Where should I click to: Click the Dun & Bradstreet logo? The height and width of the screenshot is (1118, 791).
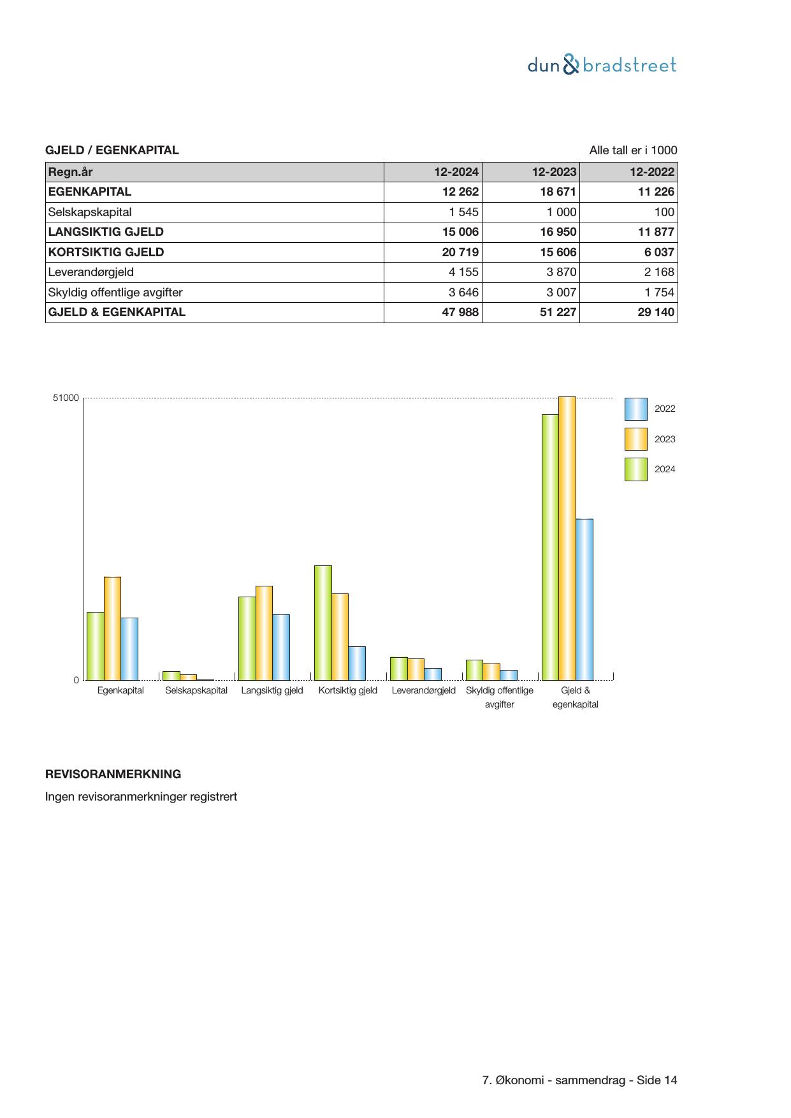(x=602, y=65)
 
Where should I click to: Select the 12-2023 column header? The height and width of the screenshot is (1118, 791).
(x=554, y=172)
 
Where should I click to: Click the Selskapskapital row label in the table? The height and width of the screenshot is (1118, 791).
(x=90, y=212)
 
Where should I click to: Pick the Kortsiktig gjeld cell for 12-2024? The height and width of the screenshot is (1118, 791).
(x=460, y=252)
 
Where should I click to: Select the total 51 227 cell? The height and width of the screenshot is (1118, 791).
(x=558, y=312)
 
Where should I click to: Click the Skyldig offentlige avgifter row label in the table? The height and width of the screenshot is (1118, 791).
(x=115, y=293)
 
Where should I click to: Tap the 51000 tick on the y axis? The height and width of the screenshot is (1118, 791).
(x=66, y=398)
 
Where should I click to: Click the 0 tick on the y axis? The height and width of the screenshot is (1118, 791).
(x=76, y=680)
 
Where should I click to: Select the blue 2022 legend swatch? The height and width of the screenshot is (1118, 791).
(x=635, y=409)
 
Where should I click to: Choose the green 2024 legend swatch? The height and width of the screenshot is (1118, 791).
(x=635, y=469)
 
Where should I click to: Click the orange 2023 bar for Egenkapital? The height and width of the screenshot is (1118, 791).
(x=112, y=628)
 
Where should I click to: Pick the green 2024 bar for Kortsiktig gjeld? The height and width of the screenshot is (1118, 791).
(x=323, y=623)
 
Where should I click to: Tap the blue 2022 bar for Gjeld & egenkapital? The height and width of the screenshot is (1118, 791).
(x=584, y=599)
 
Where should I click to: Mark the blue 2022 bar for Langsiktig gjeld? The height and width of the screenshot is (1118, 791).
(x=281, y=647)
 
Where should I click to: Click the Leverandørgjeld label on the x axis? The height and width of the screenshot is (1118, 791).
(x=423, y=690)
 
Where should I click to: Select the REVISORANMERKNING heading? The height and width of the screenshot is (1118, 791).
(x=113, y=774)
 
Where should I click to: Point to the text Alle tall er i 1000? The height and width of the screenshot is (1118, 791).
(x=633, y=150)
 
